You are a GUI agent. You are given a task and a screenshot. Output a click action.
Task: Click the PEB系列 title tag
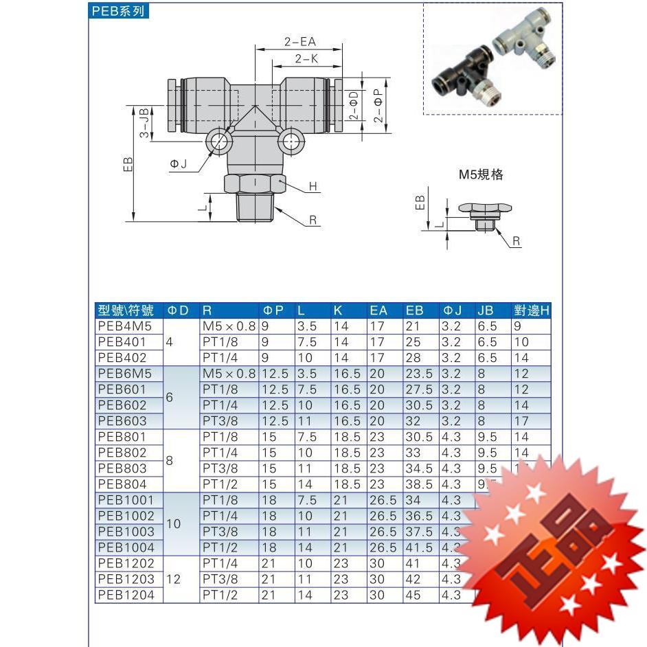pos(119,12)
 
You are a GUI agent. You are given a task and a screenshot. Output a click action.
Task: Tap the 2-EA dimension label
pos(299,42)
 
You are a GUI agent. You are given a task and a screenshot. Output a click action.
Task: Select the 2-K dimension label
pos(306,59)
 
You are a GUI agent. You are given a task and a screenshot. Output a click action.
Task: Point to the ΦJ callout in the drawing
pos(178,163)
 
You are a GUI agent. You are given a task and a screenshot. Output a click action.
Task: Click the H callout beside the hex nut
pos(313,187)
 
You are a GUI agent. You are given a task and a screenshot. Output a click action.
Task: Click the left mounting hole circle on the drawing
pos(220,142)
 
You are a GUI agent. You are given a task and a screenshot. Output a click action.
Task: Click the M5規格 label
pos(481,174)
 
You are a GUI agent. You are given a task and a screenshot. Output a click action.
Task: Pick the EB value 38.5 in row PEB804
pos(419,484)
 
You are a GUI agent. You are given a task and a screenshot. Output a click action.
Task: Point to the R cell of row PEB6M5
pos(229,374)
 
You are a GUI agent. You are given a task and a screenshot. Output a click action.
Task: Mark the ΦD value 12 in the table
pos(173,579)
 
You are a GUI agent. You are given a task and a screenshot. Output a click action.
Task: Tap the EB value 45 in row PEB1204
pos(413,595)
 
